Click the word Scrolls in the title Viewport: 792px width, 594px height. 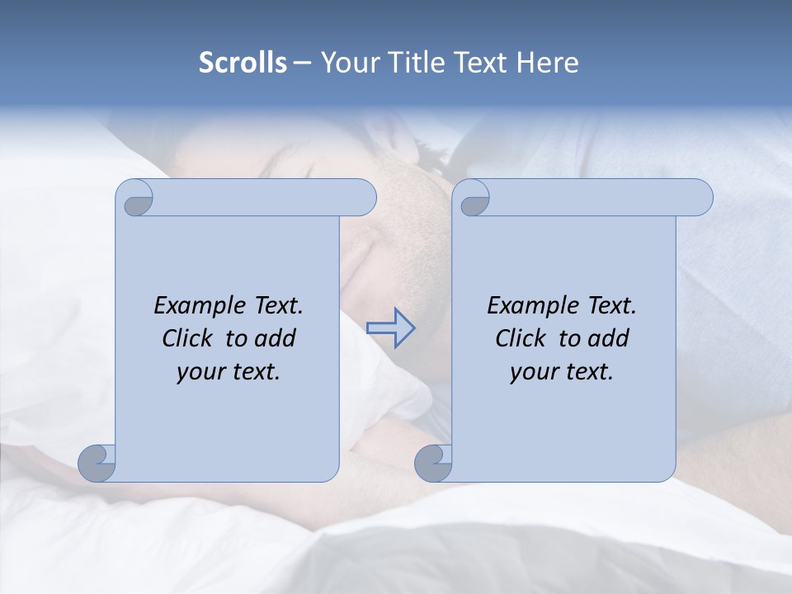click(x=243, y=63)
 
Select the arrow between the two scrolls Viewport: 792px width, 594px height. click(x=390, y=328)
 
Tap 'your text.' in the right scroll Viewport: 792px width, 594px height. click(x=562, y=371)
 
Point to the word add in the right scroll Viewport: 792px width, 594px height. click(x=610, y=338)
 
